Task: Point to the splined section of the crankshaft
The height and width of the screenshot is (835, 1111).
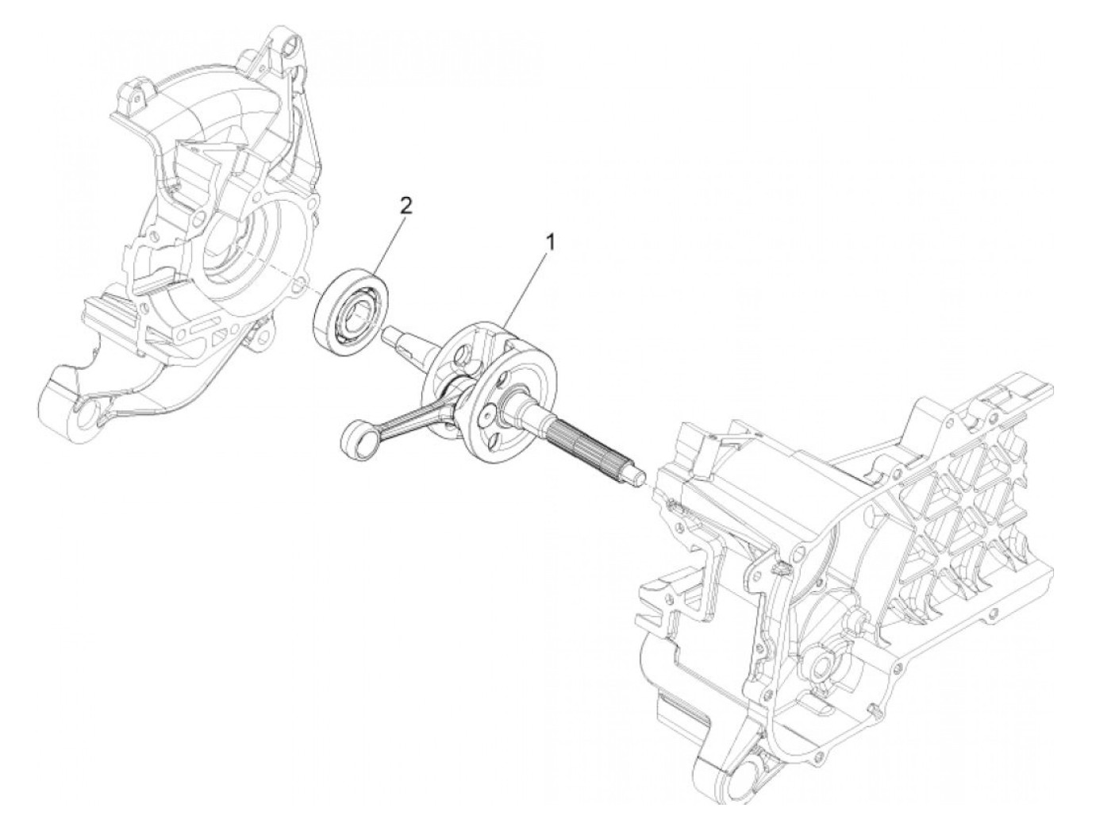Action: coord(583,444)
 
